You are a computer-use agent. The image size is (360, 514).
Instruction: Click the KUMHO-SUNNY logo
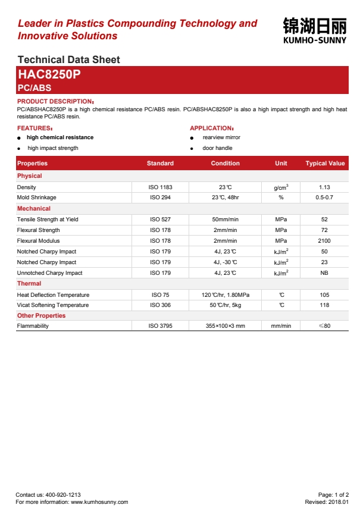click(x=315, y=30)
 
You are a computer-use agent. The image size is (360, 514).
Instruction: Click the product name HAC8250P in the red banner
click(x=49, y=75)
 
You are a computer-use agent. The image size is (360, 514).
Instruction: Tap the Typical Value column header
click(x=325, y=163)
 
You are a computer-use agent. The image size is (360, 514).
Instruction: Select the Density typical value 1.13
click(x=324, y=187)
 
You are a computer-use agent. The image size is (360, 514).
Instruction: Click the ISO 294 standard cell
click(x=160, y=198)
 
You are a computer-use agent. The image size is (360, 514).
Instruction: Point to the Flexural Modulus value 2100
click(x=324, y=241)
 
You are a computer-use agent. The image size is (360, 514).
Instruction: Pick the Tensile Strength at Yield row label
click(x=48, y=220)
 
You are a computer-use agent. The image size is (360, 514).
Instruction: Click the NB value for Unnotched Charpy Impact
click(x=324, y=273)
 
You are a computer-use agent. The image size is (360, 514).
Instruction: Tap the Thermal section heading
click(x=29, y=284)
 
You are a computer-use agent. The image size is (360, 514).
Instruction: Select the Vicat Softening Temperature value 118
click(x=324, y=305)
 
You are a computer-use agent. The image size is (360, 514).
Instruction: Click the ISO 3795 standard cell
click(x=160, y=326)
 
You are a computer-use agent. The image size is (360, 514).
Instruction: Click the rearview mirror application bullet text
click(x=221, y=137)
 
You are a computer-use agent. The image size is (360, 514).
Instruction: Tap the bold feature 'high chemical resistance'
click(x=60, y=137)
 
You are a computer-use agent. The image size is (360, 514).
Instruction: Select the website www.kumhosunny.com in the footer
click(x=99, y=502)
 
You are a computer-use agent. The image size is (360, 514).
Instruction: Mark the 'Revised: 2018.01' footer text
click(x=327, y=502)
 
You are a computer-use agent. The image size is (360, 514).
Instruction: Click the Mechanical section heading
click(x=34, y=209)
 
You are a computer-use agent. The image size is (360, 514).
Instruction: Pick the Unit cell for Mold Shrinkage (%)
click(x=281, y=198)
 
